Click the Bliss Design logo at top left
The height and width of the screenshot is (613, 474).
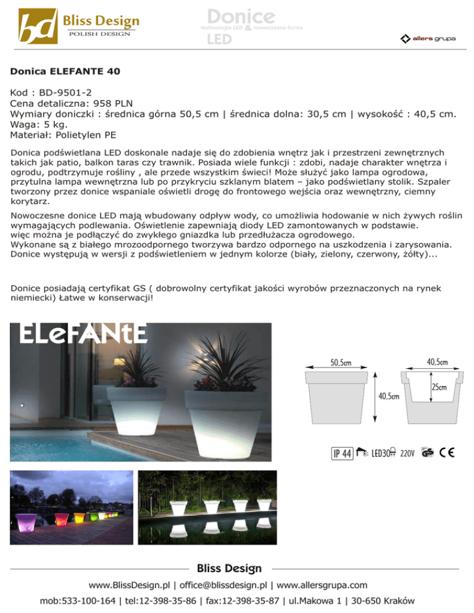pos(79,25)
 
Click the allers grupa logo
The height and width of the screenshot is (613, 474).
pos(428,39)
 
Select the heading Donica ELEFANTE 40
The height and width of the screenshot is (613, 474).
pos(65,72)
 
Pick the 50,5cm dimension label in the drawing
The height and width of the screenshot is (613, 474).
pos(341,363)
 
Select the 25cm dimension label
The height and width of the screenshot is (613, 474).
pos(439,387)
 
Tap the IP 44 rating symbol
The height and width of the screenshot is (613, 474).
pos(342,454)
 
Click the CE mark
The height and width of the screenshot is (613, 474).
pos(447,453)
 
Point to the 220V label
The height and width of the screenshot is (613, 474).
pos(407,454)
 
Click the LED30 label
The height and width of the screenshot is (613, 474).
pos(383,454)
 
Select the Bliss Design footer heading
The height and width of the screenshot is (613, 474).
pos(229,568)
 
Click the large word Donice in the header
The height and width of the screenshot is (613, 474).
pos(240,16)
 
